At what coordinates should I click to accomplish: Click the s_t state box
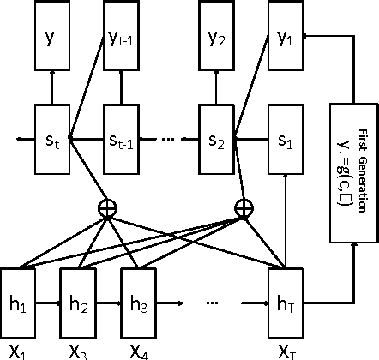coord(51,136)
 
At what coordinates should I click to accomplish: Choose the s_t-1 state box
coord(121,136)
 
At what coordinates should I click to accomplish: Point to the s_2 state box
coord(216,136)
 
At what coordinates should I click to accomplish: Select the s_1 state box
coord(286,136)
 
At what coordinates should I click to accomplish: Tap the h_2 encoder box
coord(77,303)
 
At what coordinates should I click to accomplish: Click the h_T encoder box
coord(286,303)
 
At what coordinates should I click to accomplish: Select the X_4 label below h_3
coord(138,351)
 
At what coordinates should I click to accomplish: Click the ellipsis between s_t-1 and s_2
coord(168,137)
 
